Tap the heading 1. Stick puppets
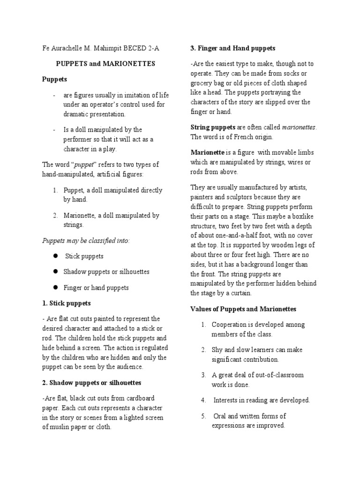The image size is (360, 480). point(67,303)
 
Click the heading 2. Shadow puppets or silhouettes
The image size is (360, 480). point(92,382)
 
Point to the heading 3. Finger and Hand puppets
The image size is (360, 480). point(232,48)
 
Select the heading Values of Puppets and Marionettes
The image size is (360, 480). point(243,309)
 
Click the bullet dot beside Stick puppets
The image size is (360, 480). point(55,256)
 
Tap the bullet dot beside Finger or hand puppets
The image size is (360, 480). point(55,287)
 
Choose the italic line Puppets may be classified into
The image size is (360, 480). point(86,240)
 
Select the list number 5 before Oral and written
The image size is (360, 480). point(203,416)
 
